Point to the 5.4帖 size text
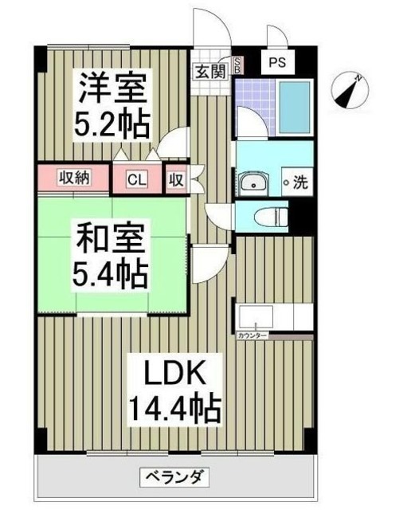pos(110,275)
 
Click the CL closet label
pos(137,180)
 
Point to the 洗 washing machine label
pos(299,182)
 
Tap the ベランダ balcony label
pos(177,478)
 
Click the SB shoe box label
pos(237,67)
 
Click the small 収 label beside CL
pos(176,180)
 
